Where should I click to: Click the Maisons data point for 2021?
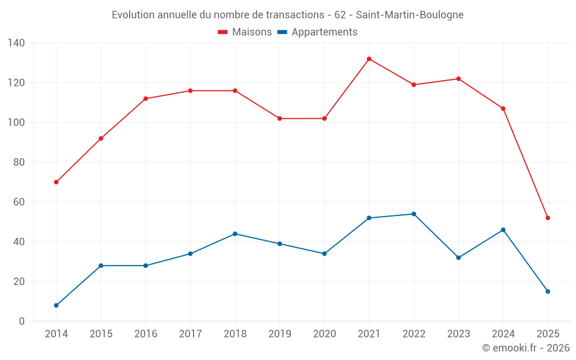[x=369, y=59]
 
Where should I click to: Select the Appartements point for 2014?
[x=56, y=305]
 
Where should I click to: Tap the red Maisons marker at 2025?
[x=548, y=218]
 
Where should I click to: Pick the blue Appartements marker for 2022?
[x=414, y=214]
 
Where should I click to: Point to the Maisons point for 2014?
[x=56, y=182]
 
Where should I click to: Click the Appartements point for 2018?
[x=235, y=234]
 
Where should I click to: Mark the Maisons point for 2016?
[x=146, y=98]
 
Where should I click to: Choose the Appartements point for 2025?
[x=548, y=291]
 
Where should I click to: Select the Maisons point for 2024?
[x=503, y=108]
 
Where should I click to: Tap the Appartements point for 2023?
[x=458, y=257]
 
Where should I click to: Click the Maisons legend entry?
[x=245, y=32]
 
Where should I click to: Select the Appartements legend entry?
[x=317, y=32]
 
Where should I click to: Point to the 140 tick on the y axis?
[x=17, y=43]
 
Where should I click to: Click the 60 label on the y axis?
[x=19, y=202]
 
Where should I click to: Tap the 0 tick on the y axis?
[x=22, y=321]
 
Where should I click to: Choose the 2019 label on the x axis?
[x=279, y=334]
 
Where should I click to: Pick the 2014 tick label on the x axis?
[x=56, y=334]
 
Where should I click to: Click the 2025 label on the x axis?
[x=548, y=334]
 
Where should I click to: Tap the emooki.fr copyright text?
[x=526, y=348]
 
